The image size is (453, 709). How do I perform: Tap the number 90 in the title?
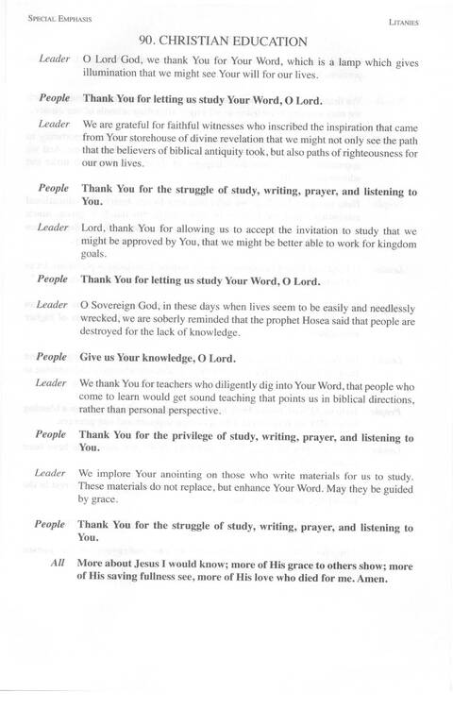(145, 41)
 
